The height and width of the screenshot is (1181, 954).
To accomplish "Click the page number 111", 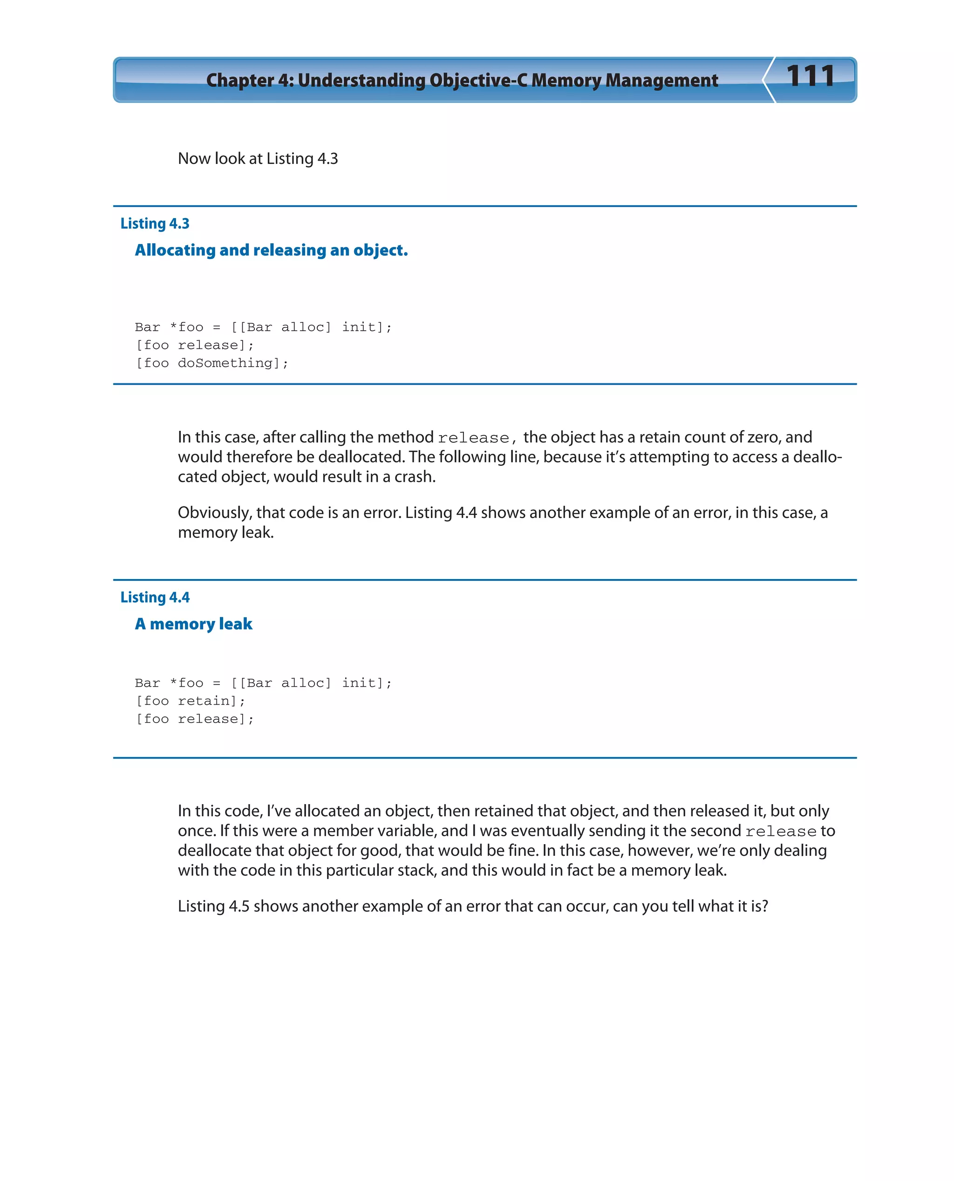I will pos(811,76).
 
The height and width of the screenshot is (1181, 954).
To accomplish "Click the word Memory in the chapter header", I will pos(566,80).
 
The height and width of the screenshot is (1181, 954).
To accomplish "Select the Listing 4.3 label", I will pos(155,224).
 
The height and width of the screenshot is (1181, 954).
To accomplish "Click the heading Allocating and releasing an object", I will pos(271,250).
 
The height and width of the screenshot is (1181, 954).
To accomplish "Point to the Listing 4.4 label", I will pos(155,597).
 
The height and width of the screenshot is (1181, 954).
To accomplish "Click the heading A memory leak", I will pos(193,624).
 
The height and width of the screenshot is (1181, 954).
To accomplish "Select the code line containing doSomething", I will pos(211,363).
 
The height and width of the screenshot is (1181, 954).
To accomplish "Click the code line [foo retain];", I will pos(190,701).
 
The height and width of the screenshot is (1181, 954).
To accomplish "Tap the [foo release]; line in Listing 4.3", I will pos(195,345).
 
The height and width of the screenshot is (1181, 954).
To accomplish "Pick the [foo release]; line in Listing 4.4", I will pos(195,719).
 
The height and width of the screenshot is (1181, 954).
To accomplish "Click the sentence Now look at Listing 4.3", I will pos(258,159).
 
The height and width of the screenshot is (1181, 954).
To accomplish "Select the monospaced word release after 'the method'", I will pos(473,438).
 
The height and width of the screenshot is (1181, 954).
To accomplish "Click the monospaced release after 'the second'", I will pos(780,832).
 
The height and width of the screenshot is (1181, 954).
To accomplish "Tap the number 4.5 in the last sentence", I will pos(239,906).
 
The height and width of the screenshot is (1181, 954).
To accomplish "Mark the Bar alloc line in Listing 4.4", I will pos(263,683).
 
